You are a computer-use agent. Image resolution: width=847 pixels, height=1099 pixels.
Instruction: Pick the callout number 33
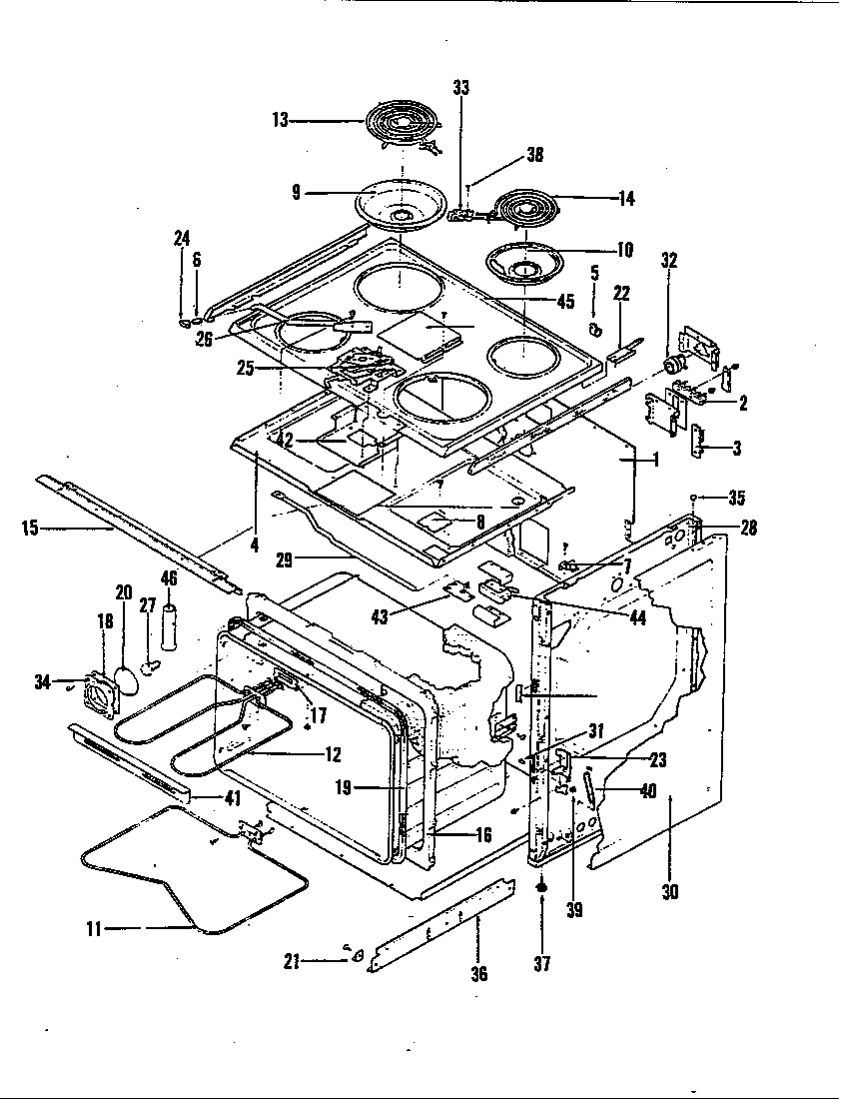point(460,88)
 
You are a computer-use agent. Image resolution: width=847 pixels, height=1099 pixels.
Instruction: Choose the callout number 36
point(479,973)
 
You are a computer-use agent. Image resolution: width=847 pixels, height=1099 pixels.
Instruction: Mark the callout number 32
point(669,261)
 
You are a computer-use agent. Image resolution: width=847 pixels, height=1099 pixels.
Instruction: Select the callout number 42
point(285,439)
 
